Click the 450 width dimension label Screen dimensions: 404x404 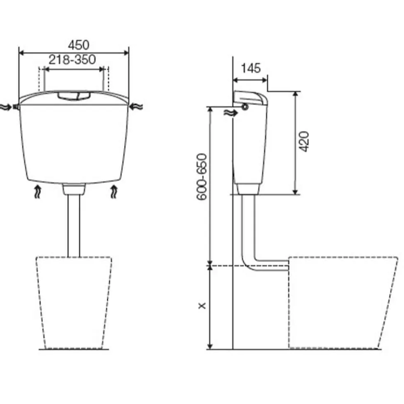79,45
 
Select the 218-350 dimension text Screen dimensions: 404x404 72,60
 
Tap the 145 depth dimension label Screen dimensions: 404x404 251,68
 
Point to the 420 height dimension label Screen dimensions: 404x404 304,142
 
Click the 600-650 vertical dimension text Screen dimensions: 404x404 202,177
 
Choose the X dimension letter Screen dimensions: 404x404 202,306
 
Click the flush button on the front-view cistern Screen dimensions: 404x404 74,96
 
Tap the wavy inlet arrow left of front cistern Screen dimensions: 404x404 6,107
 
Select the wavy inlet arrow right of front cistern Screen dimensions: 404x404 136,106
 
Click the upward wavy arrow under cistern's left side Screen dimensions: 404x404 38,191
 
